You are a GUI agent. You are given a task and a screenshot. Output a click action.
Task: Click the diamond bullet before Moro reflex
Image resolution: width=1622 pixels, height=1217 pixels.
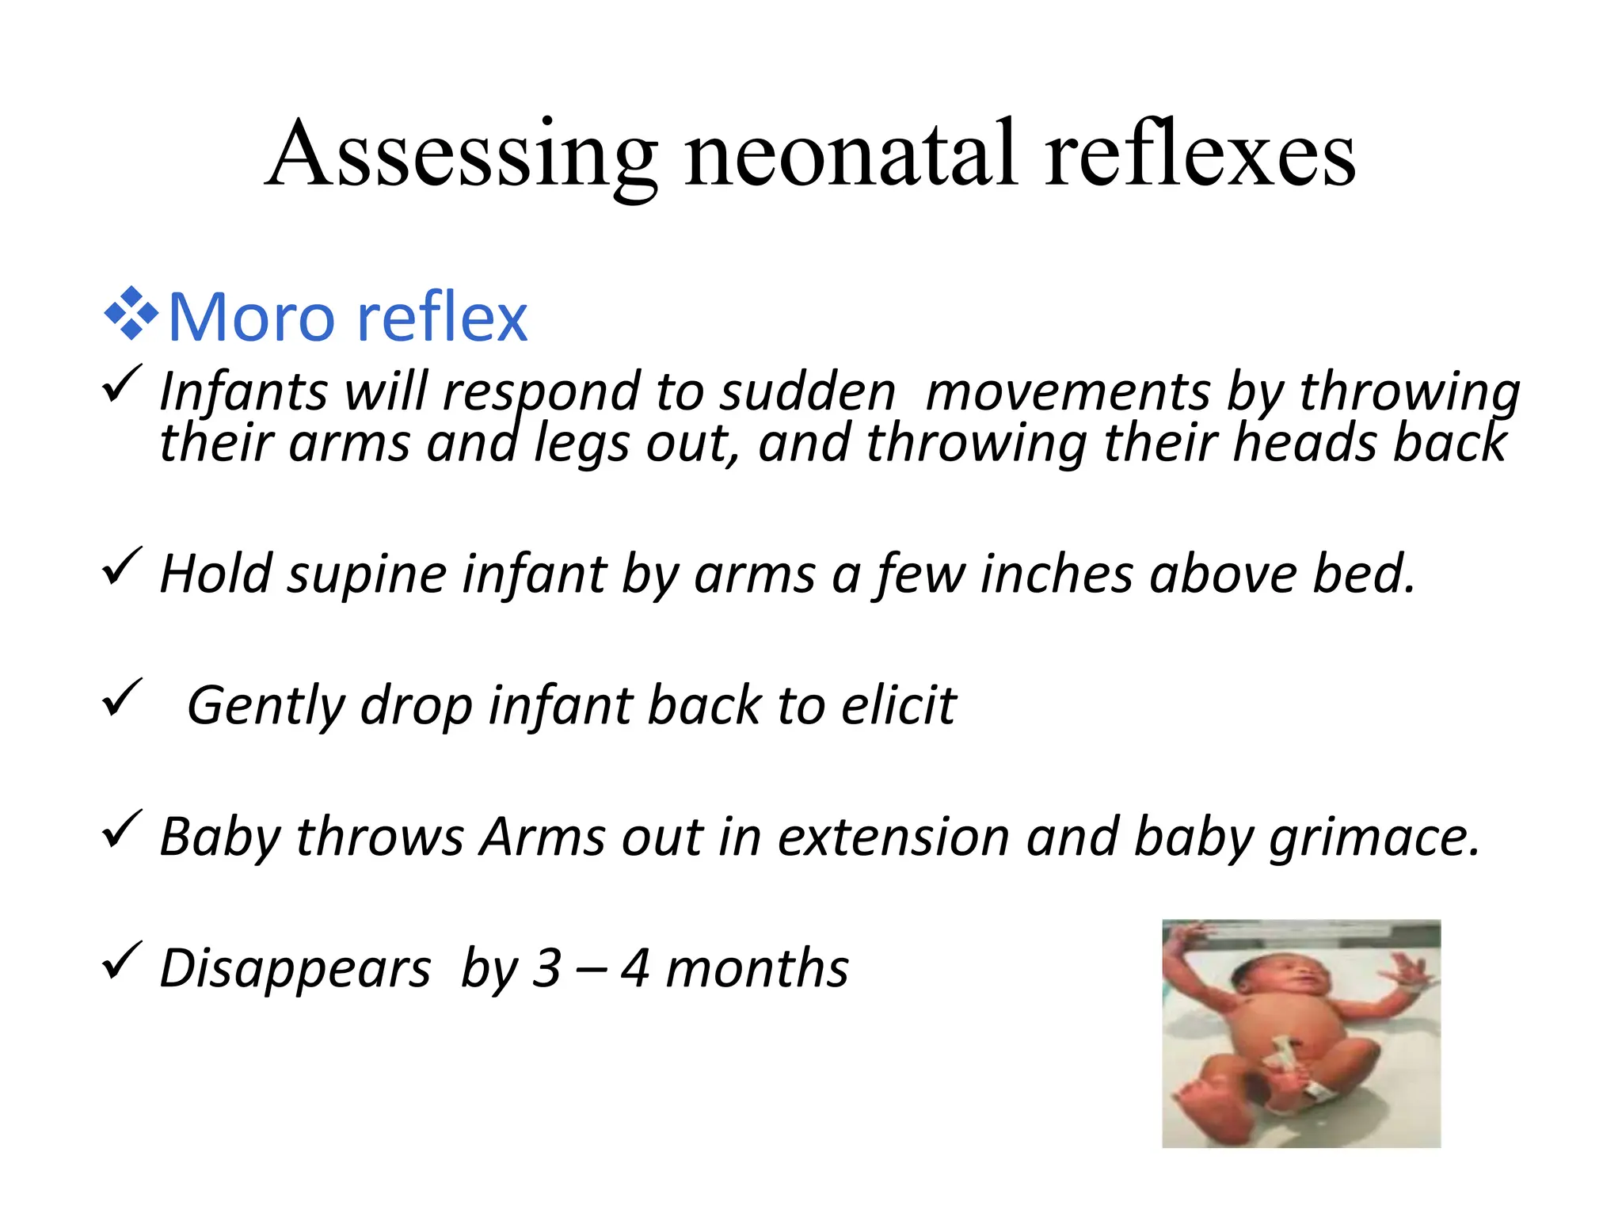(131, 315)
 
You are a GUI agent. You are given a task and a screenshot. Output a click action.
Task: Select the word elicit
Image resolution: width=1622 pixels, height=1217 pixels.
(898, 704)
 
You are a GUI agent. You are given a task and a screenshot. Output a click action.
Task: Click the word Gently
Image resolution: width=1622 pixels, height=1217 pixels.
(265, 706)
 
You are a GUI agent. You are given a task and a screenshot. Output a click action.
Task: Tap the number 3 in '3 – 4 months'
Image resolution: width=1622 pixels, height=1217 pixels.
(546, 967)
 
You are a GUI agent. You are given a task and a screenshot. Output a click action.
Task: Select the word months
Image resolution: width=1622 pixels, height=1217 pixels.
(757, 967)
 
